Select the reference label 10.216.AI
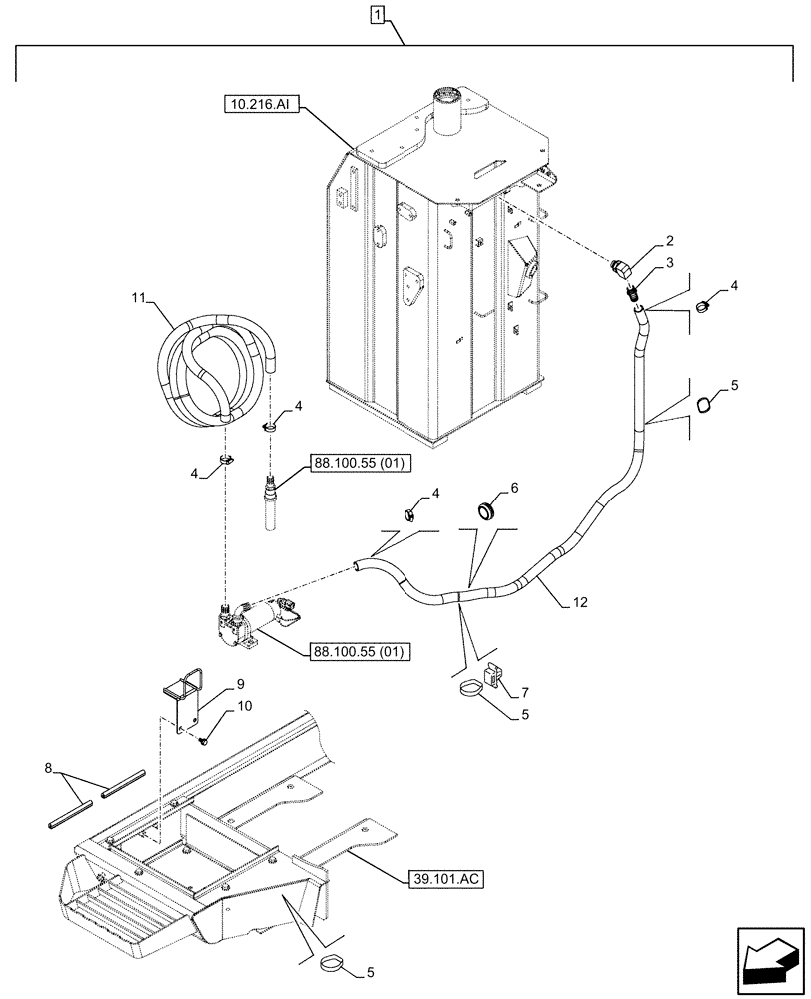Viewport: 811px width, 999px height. coord(259,103)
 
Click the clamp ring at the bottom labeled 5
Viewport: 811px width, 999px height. coord(334,965)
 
